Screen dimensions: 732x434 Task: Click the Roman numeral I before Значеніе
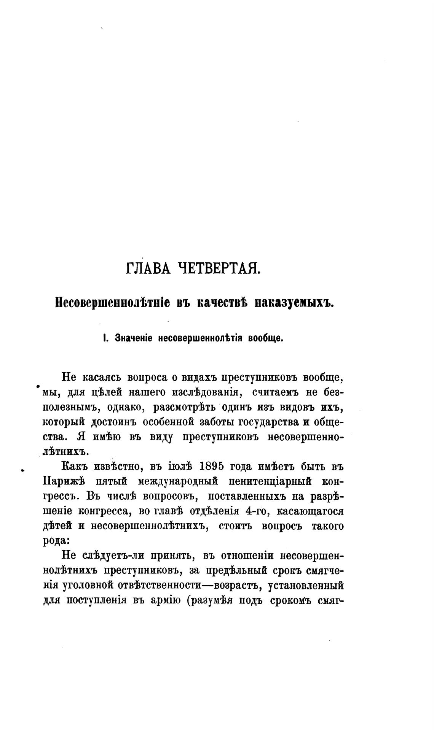tap(104, 338)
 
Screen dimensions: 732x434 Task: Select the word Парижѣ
tap(64, 481)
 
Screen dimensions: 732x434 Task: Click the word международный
tap(177, 481)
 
